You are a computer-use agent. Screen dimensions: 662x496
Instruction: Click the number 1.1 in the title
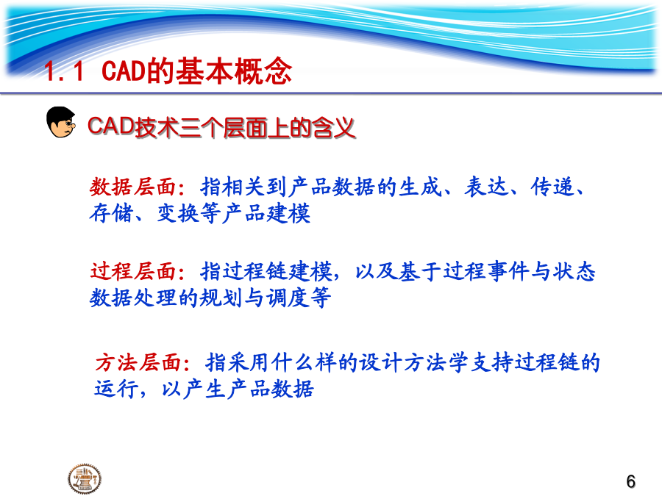pos(64,71)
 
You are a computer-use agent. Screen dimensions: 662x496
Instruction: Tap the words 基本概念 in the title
pos(233,71)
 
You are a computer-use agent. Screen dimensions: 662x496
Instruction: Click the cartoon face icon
pos(61,122)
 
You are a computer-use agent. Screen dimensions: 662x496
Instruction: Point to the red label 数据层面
pos(132,187)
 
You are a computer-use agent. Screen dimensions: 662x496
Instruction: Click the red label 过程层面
pos(132,271)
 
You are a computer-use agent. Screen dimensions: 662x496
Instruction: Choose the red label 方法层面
pos(138,363)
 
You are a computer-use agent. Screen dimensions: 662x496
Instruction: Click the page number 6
pos(631,481)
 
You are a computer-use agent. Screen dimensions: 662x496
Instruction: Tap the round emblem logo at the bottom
pos(85,478)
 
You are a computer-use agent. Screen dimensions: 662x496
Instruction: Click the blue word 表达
pos(486,187)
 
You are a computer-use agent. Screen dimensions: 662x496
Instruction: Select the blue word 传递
pos(552,187)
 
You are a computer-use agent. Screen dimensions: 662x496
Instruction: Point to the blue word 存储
pos(110,213)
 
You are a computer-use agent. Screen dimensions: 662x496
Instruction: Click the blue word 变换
pos(178,213)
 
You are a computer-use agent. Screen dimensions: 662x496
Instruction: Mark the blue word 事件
pos(508,271)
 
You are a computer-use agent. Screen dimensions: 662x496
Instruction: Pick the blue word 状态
pos(574,271)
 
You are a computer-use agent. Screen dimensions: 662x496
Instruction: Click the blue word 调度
pos(288,298)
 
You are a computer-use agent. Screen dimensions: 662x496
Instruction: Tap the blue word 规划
pos(221,298)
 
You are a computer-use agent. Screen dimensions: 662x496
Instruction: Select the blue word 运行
pos(116,389)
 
